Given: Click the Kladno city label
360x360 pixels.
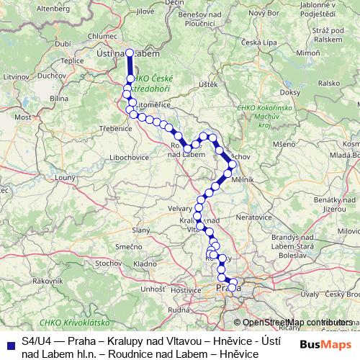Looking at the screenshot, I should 145,264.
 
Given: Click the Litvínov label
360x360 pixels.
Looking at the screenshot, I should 14,74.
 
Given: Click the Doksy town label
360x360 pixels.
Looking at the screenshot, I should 290,92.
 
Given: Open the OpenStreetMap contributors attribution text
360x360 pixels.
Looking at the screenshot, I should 297,323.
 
